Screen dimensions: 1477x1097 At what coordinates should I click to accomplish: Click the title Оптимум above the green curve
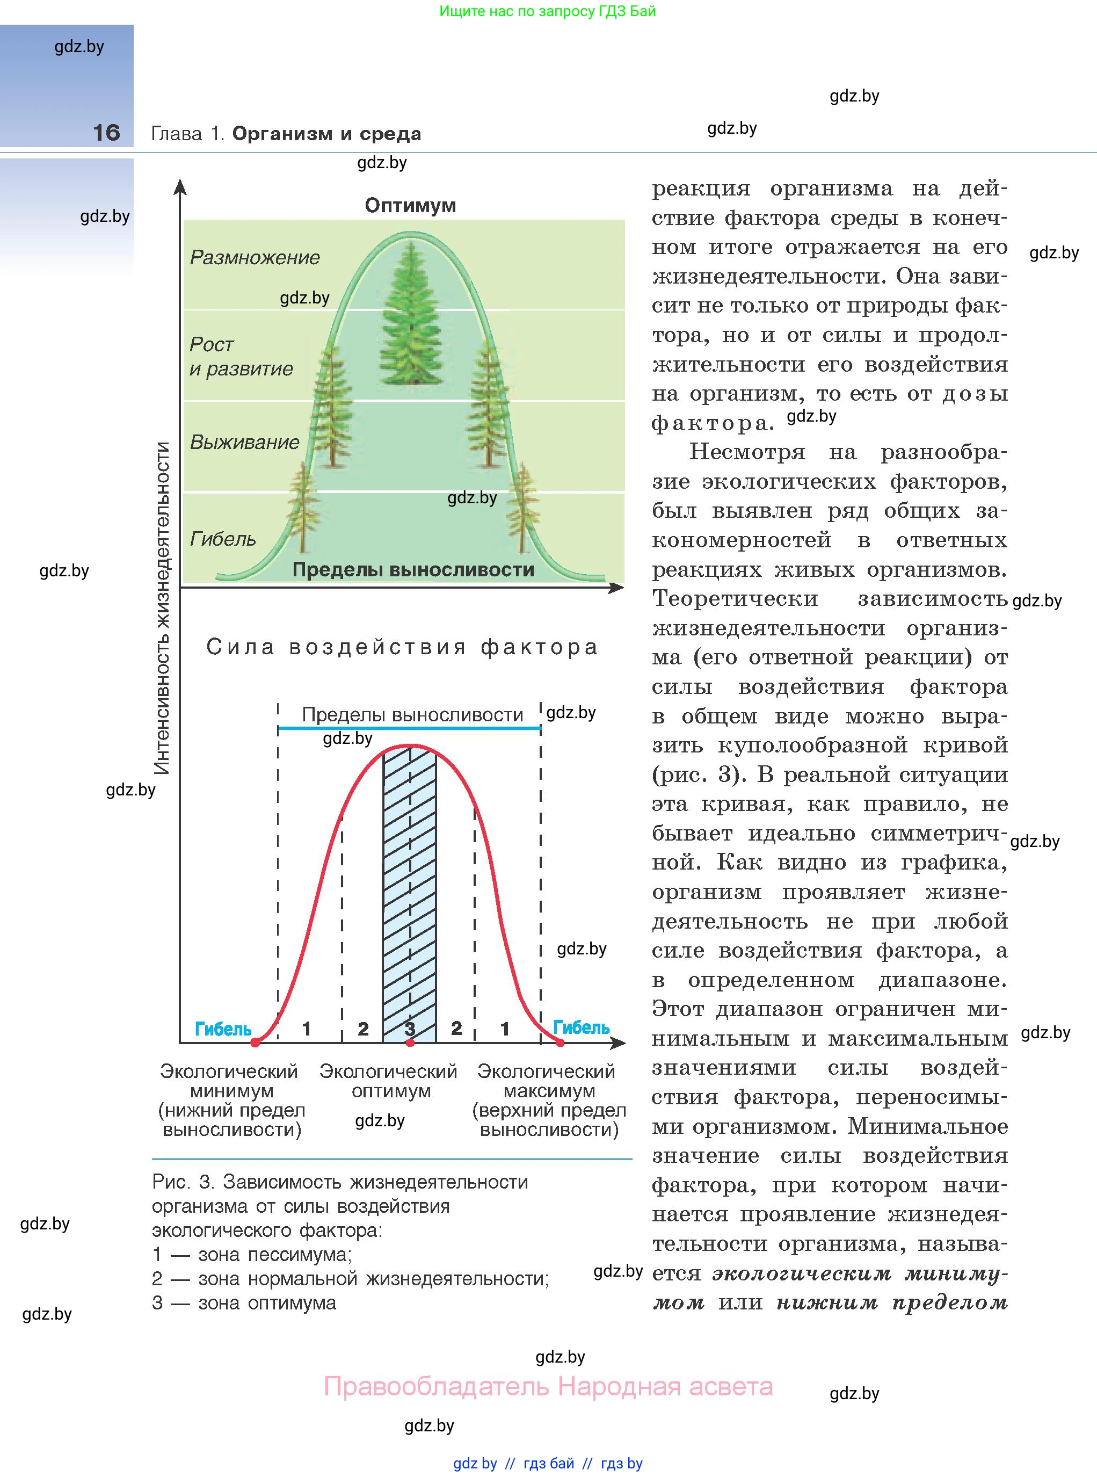[410, 205]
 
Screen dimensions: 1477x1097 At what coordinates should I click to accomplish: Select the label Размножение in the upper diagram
[255, 257]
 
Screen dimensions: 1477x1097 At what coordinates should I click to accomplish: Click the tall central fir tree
[412, 315]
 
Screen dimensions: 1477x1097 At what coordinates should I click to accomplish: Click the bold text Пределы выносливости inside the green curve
[413, 570]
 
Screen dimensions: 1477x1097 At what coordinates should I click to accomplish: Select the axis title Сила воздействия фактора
[402, 646]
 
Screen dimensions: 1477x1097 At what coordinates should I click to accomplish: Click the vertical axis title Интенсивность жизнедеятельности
[162, 607]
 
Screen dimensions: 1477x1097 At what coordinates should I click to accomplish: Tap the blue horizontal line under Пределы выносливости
[409, 728]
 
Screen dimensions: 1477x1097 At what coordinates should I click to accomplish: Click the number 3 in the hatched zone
[410, 1028]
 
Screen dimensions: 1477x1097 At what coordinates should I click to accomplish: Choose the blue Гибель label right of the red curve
[581, 1027]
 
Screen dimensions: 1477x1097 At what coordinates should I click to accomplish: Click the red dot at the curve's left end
[255, 1042]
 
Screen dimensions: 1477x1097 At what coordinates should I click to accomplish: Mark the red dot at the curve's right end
[561, 1042]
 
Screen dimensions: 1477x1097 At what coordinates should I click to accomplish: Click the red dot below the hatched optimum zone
[410, 1042]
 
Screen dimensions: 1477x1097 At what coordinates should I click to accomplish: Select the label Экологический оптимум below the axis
[388, 1081]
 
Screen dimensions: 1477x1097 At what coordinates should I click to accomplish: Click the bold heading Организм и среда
[326, 134]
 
